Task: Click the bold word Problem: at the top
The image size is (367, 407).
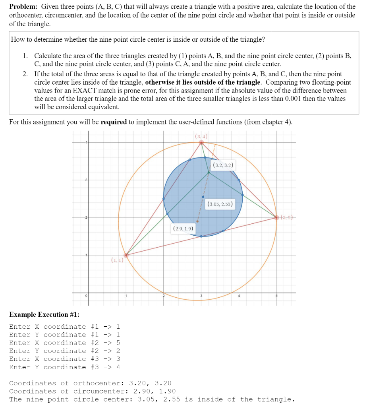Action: click(23, 7)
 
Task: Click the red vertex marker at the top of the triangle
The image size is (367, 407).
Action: click(201, 142)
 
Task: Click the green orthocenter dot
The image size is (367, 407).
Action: click(209, 172)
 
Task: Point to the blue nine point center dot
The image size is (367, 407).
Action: click(203, 197)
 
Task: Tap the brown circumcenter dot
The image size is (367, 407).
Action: click(197, 221)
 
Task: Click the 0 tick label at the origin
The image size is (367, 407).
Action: click(86, 296)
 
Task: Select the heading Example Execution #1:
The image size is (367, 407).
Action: click(44, 314)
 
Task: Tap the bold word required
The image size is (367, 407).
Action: click(114, 122)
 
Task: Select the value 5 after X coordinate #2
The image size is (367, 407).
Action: click(118, 343)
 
